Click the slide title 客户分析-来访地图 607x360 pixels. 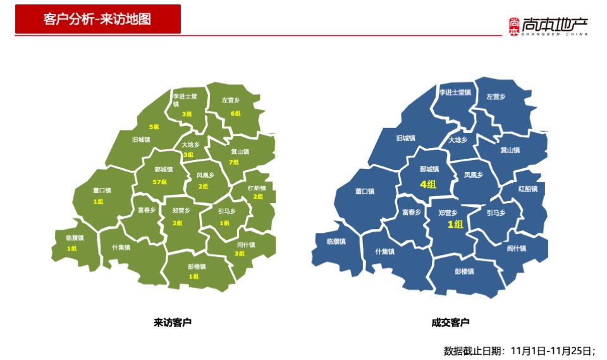click(97, 18)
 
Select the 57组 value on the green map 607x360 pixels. click(160, 182)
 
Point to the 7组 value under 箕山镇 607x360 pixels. click(234, 162)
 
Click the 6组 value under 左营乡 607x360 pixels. click(235, 114)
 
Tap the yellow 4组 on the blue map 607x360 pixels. click(428, 184)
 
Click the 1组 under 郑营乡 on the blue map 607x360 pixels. click(455, 224)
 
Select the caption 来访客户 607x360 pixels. click(172, 323)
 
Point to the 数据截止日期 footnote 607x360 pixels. click(519, 351)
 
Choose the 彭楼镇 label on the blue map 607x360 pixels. click(464, 271)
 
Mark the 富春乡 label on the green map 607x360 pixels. click(147, 210)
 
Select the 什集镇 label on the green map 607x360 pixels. click(121, 247)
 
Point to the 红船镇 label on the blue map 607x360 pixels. click(527, 189)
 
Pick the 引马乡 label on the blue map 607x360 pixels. click(496, 213)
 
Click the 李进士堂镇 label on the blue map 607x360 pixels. click(455, 92)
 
